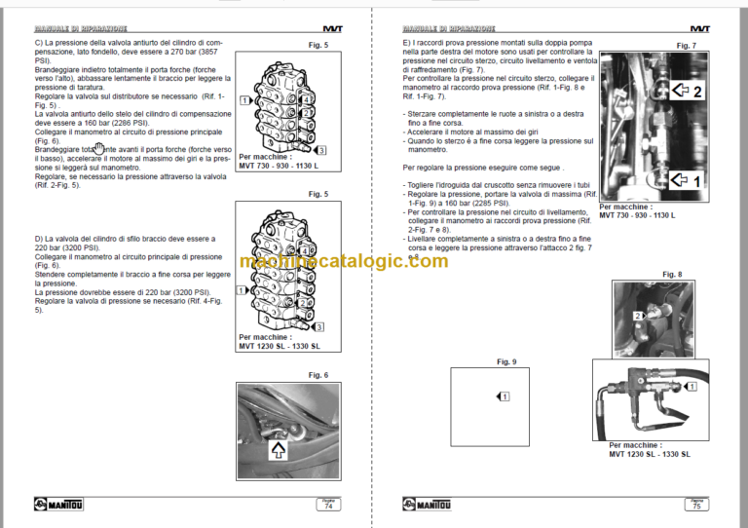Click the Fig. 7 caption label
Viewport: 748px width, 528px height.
point(686,46)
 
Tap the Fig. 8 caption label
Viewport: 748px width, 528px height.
point(671,275)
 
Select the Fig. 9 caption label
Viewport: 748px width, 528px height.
point(506,362)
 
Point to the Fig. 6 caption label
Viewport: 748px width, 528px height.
point(318,375)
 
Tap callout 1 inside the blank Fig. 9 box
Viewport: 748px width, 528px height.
point(504,396)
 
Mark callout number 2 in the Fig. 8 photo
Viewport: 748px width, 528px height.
point(639,316)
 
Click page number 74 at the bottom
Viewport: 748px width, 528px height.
point(328,505)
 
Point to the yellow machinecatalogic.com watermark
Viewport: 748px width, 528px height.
point(374,261)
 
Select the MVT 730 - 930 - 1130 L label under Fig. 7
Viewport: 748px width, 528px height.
point(637,214)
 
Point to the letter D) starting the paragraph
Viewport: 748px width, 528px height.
point(38,238)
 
